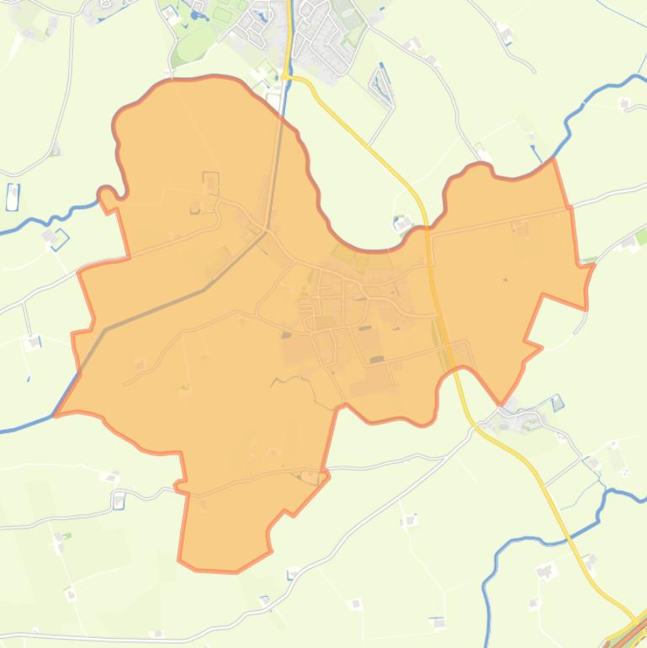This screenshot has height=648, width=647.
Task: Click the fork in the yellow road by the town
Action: tap(289, 76)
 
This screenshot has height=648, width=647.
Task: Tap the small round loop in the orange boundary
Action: tap(106, 194)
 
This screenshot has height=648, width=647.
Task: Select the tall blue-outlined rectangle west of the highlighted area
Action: tap(13, 196)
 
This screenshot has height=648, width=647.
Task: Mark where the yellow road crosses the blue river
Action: tap(289, 50)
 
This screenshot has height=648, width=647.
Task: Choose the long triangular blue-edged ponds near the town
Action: tap(382, 84)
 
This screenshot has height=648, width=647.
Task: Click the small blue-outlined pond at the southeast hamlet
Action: tap(557, 403)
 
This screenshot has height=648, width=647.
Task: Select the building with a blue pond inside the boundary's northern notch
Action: tap(401, 224)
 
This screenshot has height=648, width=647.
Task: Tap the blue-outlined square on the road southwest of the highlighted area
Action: tap(119, 501)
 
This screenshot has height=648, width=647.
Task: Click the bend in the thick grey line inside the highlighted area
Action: tap(204, 289)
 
